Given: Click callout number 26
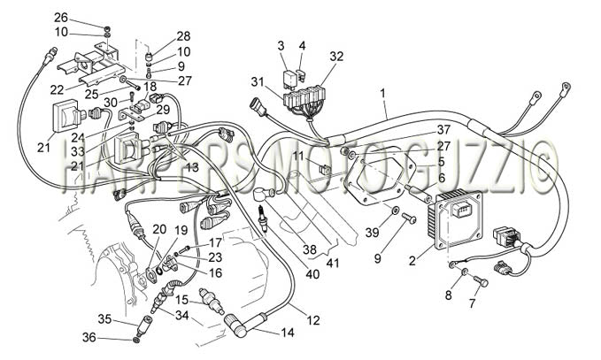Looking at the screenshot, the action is point(60,18).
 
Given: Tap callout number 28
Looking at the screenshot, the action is point(183,36).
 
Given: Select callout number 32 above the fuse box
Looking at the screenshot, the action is point(337,57).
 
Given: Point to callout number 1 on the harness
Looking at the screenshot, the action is point(382,93).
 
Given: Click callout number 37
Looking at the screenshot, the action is point(443,130).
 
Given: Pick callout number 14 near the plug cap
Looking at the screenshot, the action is point(287,333).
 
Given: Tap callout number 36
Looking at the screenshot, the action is point(89,337).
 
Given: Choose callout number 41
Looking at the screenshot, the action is point(332,263).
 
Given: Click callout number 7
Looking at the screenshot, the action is point(472,303).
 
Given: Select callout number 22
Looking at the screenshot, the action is point(57,90).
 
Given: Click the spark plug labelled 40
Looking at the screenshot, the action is point(263,218).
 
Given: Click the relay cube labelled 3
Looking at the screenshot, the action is point(290,77).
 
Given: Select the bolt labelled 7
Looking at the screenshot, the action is point(481,281).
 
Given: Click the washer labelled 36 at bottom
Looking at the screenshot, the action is point(137,340).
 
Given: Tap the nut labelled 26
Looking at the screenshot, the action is point(107,28).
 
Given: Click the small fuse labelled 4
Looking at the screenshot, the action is point(302,75).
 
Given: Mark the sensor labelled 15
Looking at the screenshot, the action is point(212,302).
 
